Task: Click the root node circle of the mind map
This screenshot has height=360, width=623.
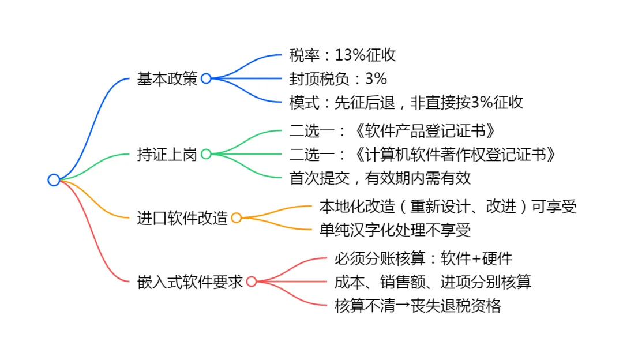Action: point(54,180)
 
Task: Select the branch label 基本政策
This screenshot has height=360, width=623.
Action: point(167,79)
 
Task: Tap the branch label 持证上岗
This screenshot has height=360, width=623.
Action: point(167,154)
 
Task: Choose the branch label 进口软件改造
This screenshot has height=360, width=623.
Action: point(182,218)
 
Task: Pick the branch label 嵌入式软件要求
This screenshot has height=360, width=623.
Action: point(190,282)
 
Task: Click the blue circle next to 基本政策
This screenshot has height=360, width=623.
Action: point(206,79)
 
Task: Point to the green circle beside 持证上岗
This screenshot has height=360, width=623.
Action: point(206,154)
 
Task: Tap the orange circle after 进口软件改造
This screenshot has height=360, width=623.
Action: point(236,218)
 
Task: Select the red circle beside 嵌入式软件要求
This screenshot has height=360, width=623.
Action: point(252,282)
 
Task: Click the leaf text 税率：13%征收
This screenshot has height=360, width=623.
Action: point(343,55)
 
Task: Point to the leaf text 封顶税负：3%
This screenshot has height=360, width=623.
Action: point(338,79)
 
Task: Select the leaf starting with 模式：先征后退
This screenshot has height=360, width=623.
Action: point(406,103)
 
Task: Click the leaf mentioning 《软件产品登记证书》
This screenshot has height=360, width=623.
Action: point(392,130)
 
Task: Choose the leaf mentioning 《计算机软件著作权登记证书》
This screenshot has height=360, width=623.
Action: point(423,154)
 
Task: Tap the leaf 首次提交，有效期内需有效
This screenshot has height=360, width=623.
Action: point(380,178)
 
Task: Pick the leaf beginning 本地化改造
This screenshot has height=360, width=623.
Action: point(448,206)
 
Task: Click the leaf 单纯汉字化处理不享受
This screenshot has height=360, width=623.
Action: point(395,230)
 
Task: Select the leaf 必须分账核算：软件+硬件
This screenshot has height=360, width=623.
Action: point(423,258)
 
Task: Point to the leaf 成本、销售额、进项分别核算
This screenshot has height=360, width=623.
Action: point(433,282)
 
